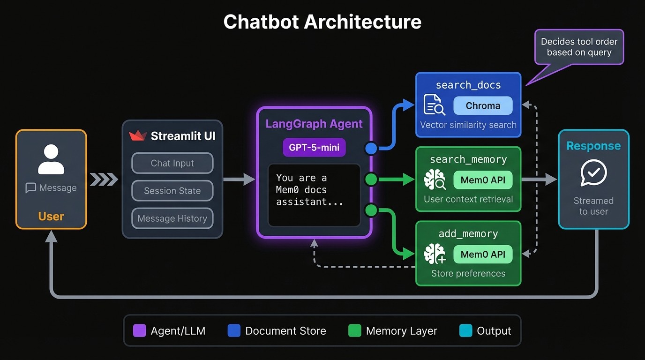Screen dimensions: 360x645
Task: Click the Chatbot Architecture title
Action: coord(322,22)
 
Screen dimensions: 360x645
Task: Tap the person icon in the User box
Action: coord(51,159)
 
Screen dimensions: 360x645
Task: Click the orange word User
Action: coord(51,216)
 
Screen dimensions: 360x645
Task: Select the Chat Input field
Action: coord(172,163)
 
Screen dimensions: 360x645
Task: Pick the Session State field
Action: coord(172,191)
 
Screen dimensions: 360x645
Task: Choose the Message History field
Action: coord(172,218)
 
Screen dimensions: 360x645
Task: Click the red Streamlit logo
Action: coord(138,136)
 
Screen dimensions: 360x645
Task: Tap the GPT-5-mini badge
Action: coord(314,147)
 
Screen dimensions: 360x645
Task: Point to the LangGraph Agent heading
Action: coord(314,124)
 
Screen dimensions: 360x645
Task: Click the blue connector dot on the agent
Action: coord(371,149)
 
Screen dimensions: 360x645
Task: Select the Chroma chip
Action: coord(483,106)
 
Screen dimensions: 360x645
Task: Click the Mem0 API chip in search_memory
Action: coord(483,180)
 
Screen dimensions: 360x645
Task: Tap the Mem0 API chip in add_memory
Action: coord(483,255)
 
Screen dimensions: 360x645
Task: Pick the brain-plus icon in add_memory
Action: coord(435,255)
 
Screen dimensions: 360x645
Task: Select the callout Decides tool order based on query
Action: coord(579,47)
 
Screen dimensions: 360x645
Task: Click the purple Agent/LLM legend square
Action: coord(140,330)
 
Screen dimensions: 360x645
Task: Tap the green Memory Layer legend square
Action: coord(355,330)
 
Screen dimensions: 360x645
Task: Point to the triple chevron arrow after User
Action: coord(104,179)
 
